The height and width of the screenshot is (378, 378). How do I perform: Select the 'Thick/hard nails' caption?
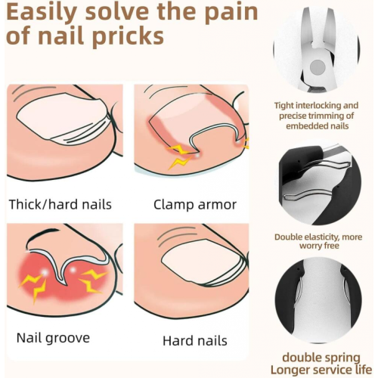coord(60,204)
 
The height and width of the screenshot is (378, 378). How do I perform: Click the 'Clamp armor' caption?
coord(195,205)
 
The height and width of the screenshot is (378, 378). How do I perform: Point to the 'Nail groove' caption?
coord(53,338)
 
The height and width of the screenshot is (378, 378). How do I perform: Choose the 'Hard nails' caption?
coord(195,341)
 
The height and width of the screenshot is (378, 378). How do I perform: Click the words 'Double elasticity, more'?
coord(318,237)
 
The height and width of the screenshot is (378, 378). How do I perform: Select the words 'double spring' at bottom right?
coord(321,358)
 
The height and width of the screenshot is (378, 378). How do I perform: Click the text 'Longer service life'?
coord(321,370)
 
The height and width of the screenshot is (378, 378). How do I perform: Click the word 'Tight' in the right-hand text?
coord(284,105)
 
